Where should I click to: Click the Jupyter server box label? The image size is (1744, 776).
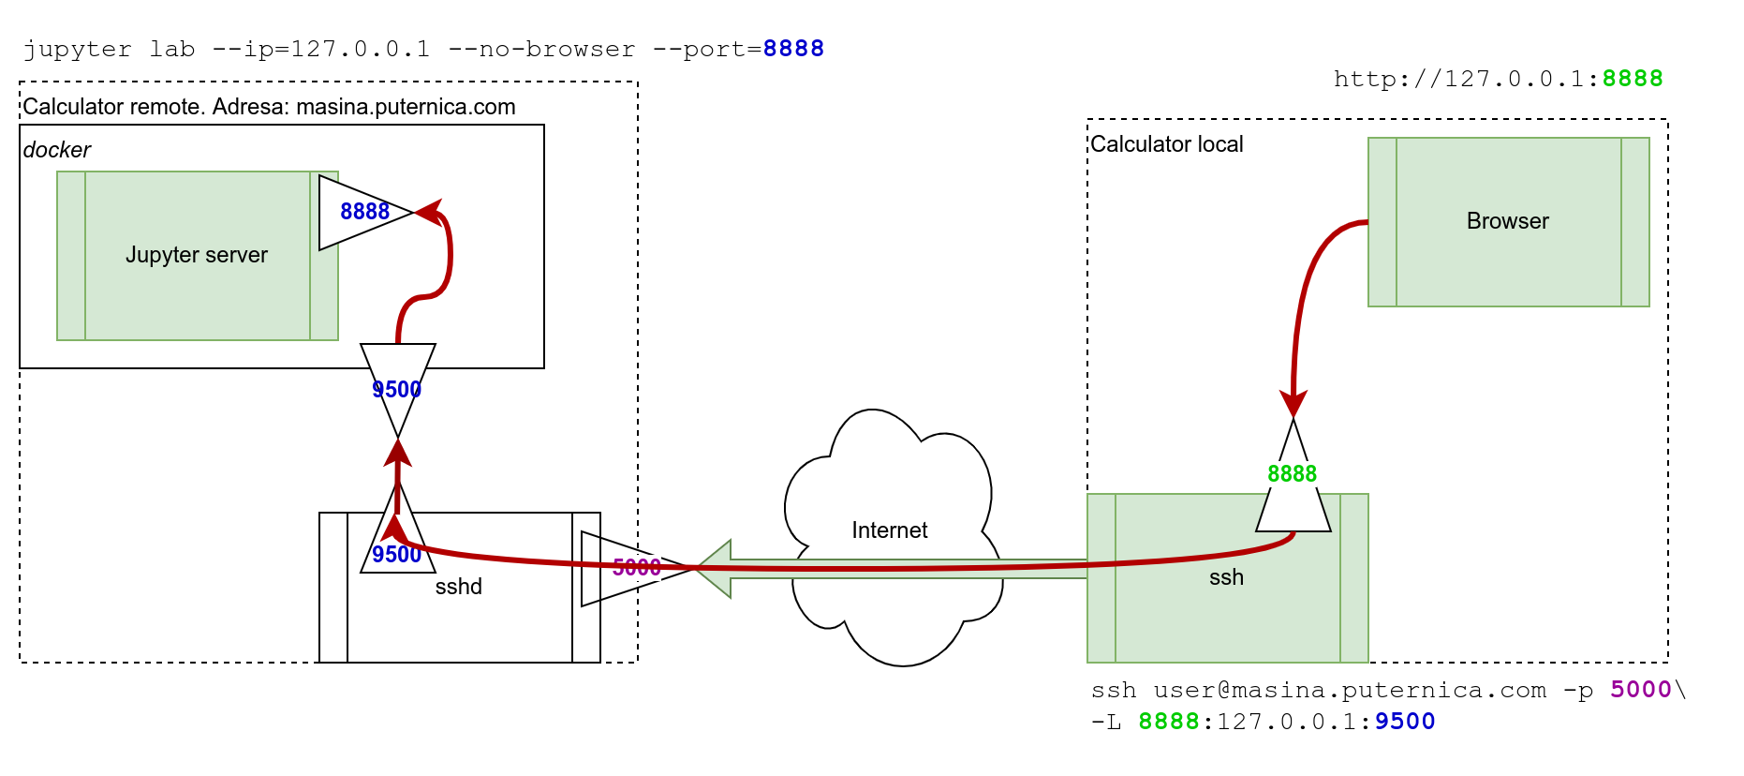tap(197, 255)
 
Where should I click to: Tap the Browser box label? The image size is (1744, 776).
tap(1507, 221)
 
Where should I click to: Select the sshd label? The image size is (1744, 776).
tap(458, 587)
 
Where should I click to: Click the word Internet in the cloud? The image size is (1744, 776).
tap(889, 530)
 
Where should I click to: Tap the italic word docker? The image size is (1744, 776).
tap(56, 150)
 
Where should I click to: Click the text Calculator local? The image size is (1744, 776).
tap(1166, 144)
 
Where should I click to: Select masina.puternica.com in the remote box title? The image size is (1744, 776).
tap(406, 107)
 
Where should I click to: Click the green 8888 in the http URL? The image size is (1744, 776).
tap(1632, 79)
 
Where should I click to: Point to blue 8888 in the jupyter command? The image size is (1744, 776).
tap(792, 49)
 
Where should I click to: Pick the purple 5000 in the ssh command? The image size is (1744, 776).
tap(1640, 690)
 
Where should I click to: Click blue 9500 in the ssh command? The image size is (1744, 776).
tap(1404, 722)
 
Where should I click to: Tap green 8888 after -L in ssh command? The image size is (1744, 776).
tap(1168, 722)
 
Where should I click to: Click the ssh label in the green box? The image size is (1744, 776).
tap(1226, 577)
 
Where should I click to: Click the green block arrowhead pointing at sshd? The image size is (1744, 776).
tap(715, 568)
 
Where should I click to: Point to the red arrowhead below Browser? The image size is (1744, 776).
tap(1293, 404)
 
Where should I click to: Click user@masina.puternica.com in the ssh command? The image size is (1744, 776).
tap(1349, 690)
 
